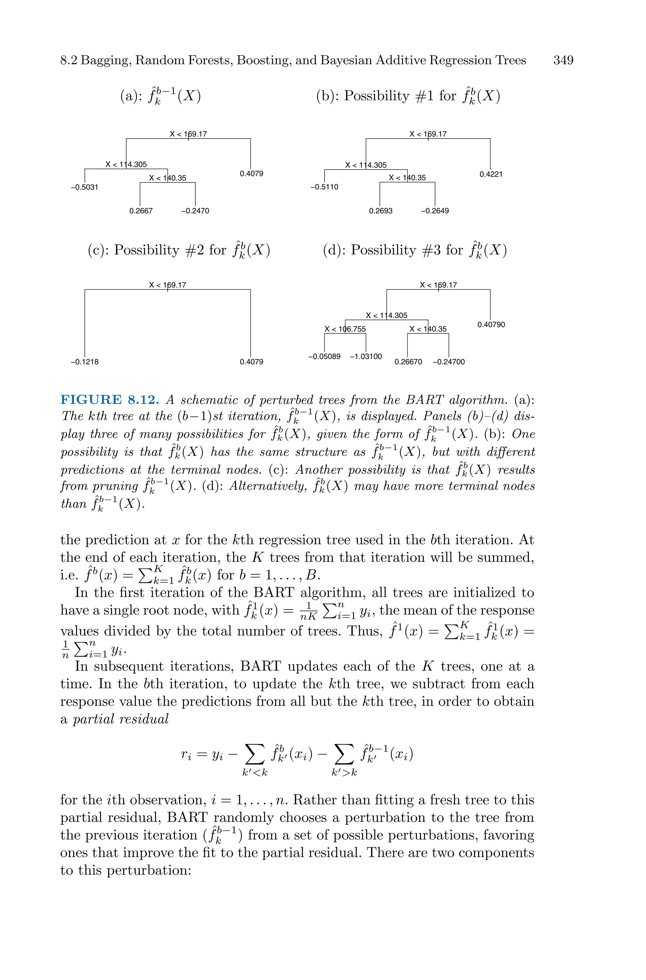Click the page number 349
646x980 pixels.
563,61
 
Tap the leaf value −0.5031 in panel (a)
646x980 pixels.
85,187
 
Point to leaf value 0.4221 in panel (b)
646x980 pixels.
491,174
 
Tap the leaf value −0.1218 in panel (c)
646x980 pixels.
85,362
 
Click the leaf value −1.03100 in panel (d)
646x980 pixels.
366,356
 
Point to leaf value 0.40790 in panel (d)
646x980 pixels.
491,325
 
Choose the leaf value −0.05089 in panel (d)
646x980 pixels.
324,356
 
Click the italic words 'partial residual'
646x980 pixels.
121,719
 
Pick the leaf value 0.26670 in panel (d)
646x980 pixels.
408,362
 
